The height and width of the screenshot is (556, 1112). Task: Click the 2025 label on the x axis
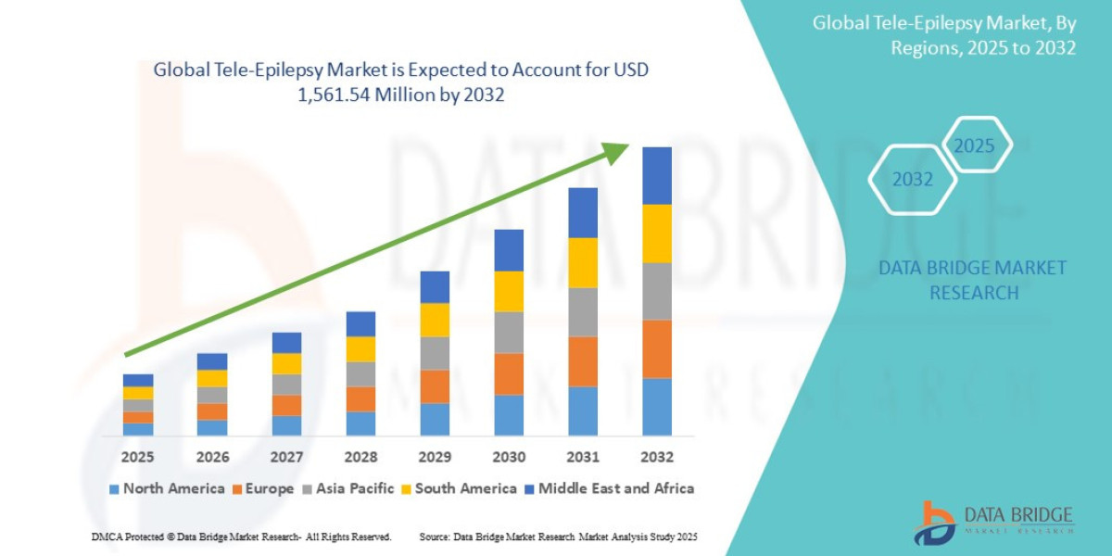pos(137,457)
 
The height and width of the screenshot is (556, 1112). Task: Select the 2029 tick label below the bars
pos(435,457)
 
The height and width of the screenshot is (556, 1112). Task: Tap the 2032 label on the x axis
pos(657,457)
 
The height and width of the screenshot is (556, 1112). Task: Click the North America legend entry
pos(167,488)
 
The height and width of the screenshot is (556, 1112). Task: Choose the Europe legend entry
pos(263,488)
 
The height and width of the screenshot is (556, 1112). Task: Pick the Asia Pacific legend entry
pos(348,488)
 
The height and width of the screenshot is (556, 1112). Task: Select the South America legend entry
pos(458,488)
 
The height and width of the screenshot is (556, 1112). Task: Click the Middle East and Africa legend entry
pos(609,488)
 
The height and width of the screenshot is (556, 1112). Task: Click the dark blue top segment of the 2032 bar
pos(657,175)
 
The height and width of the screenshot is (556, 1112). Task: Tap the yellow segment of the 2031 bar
pos(583,262)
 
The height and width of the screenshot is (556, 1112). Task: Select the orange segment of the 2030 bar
pos(509,373)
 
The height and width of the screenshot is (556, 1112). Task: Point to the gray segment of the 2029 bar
pos(435,353)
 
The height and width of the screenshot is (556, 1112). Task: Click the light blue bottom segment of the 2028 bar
pos(360,423)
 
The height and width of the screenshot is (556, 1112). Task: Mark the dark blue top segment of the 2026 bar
pos(212,361)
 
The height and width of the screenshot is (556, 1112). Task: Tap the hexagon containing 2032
pos(912,180)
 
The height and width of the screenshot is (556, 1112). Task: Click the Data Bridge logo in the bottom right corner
pos(992,522)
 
